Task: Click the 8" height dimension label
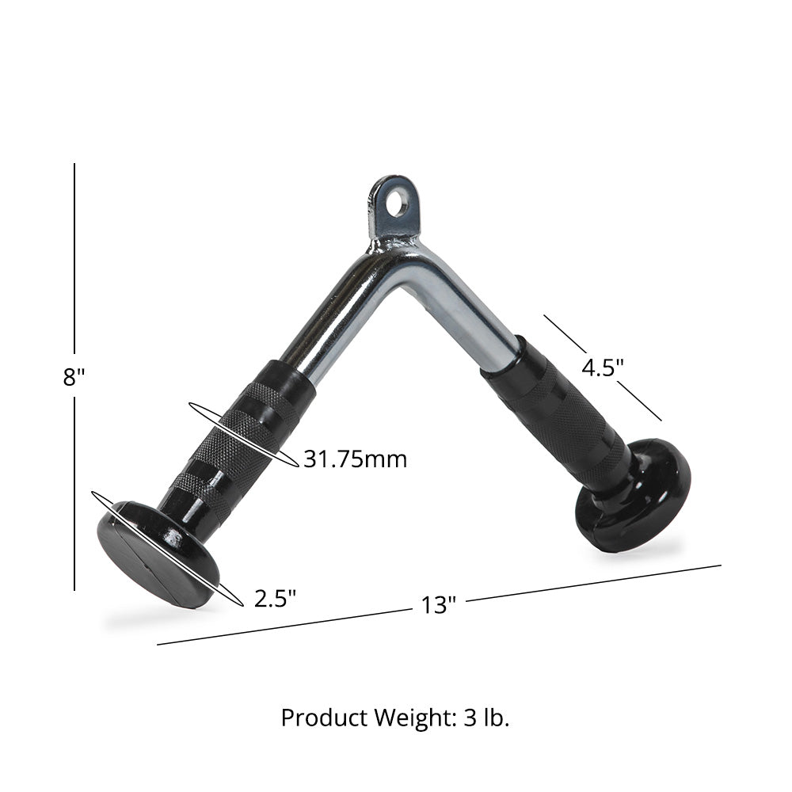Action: (x=74, y=376)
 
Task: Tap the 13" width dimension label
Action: (x=439, y=606)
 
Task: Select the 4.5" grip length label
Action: (x=603, y=367)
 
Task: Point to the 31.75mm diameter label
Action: (x=355, y=459)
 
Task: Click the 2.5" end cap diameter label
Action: (x=275, y=598)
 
